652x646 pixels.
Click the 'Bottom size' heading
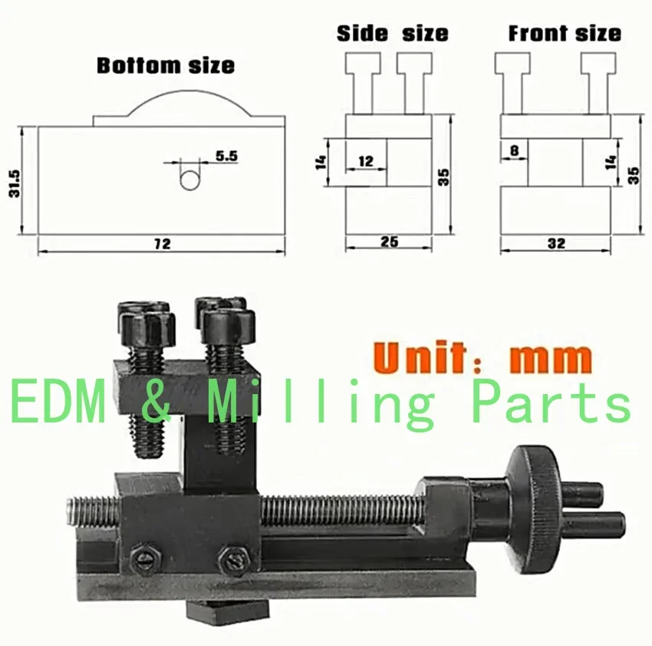click(166, 65)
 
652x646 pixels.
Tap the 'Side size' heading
click(393, 33)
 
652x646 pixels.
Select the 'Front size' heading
click(565, 33)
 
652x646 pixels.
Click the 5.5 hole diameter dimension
click(226, 156)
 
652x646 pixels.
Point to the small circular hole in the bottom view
click(189, 181)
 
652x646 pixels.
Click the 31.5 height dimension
click(14, 184)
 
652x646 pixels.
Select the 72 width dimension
click(162, 243)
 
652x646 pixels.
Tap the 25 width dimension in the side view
click(389, 241)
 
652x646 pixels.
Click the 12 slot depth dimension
click(365, 161)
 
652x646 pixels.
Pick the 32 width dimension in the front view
click(556, 243)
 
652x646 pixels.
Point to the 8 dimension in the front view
click(515, 150)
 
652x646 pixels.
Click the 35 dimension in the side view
click(443, 177)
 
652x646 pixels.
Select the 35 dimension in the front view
click(634, 175)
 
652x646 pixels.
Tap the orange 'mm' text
click(550, 359)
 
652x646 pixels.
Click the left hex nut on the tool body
click(145, 558)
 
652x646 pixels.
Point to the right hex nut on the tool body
click(234, 561)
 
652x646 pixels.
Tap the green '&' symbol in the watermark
click(156, 401)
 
